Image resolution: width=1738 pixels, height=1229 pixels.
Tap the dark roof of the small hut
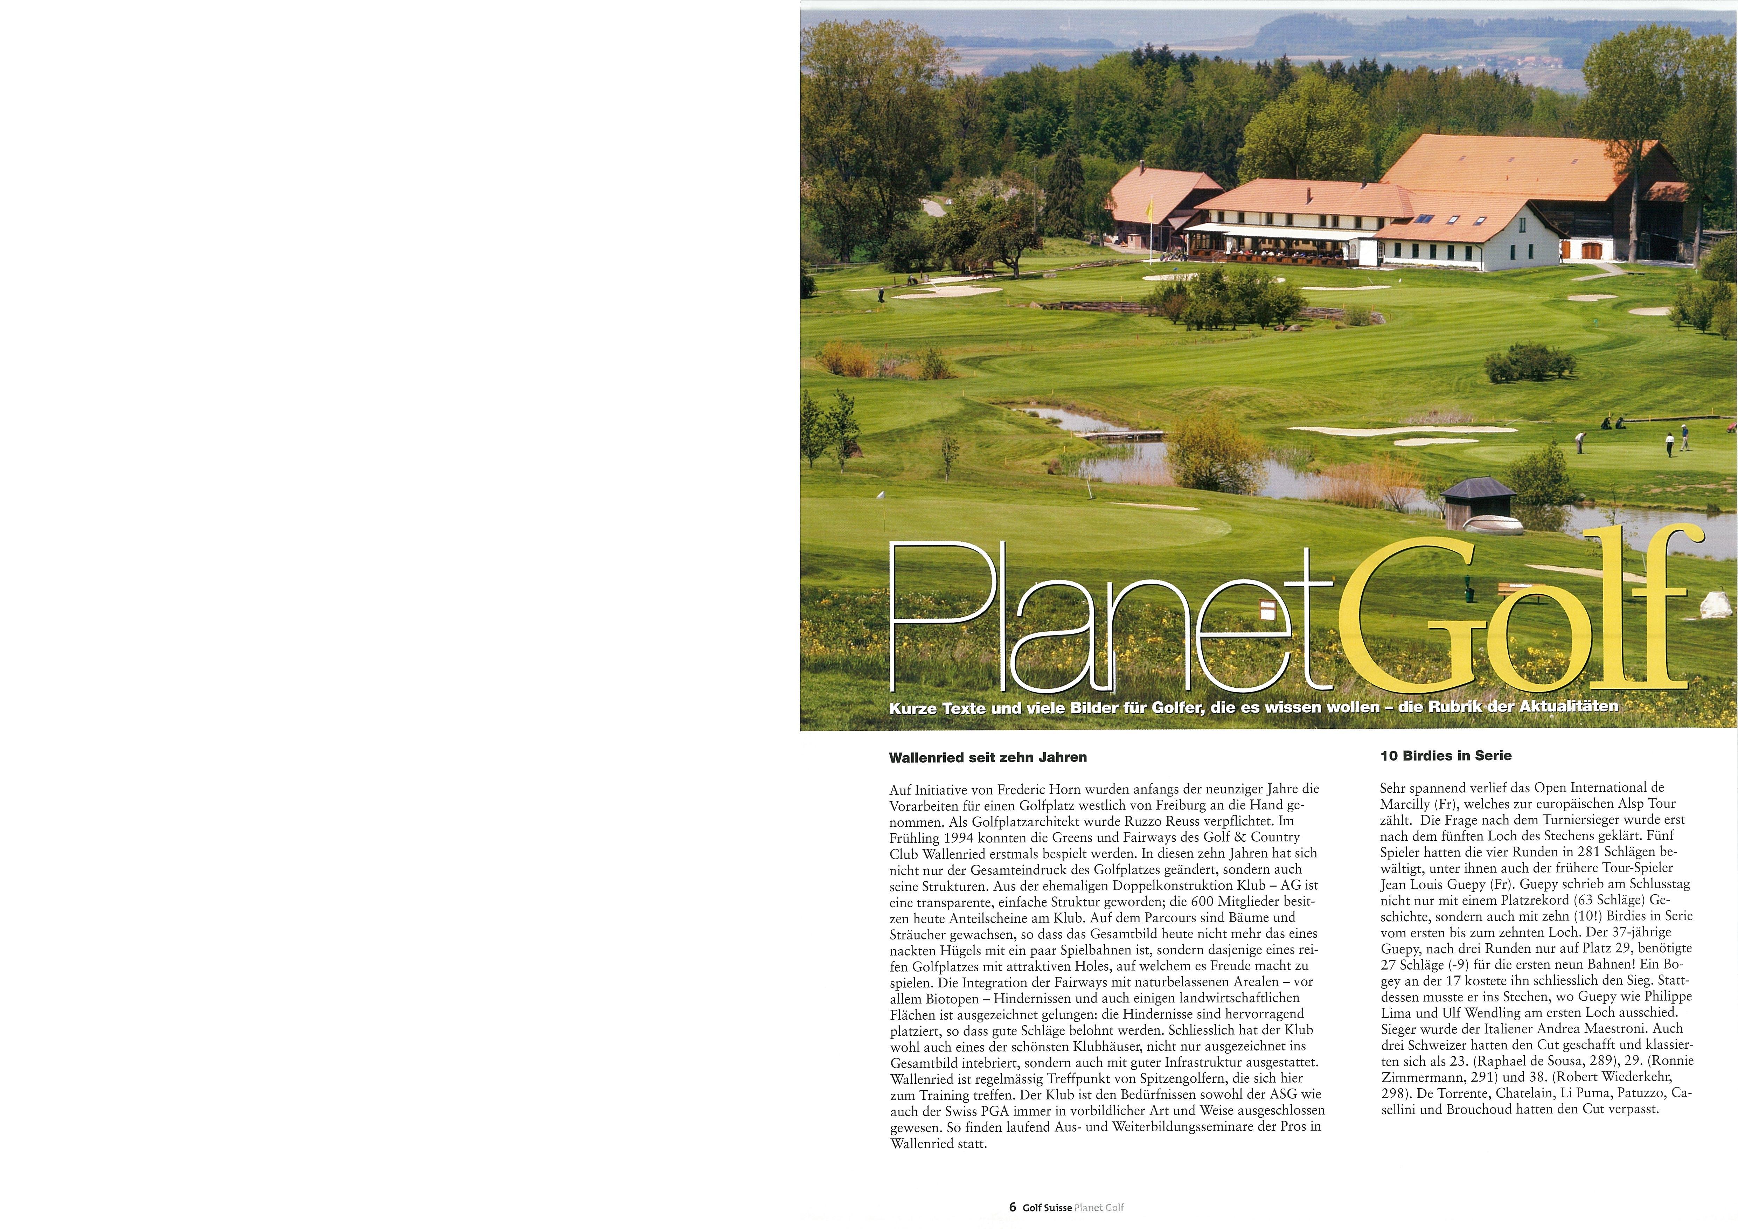(1478, 488)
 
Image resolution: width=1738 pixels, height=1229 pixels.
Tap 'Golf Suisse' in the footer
(1047, 1208)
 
